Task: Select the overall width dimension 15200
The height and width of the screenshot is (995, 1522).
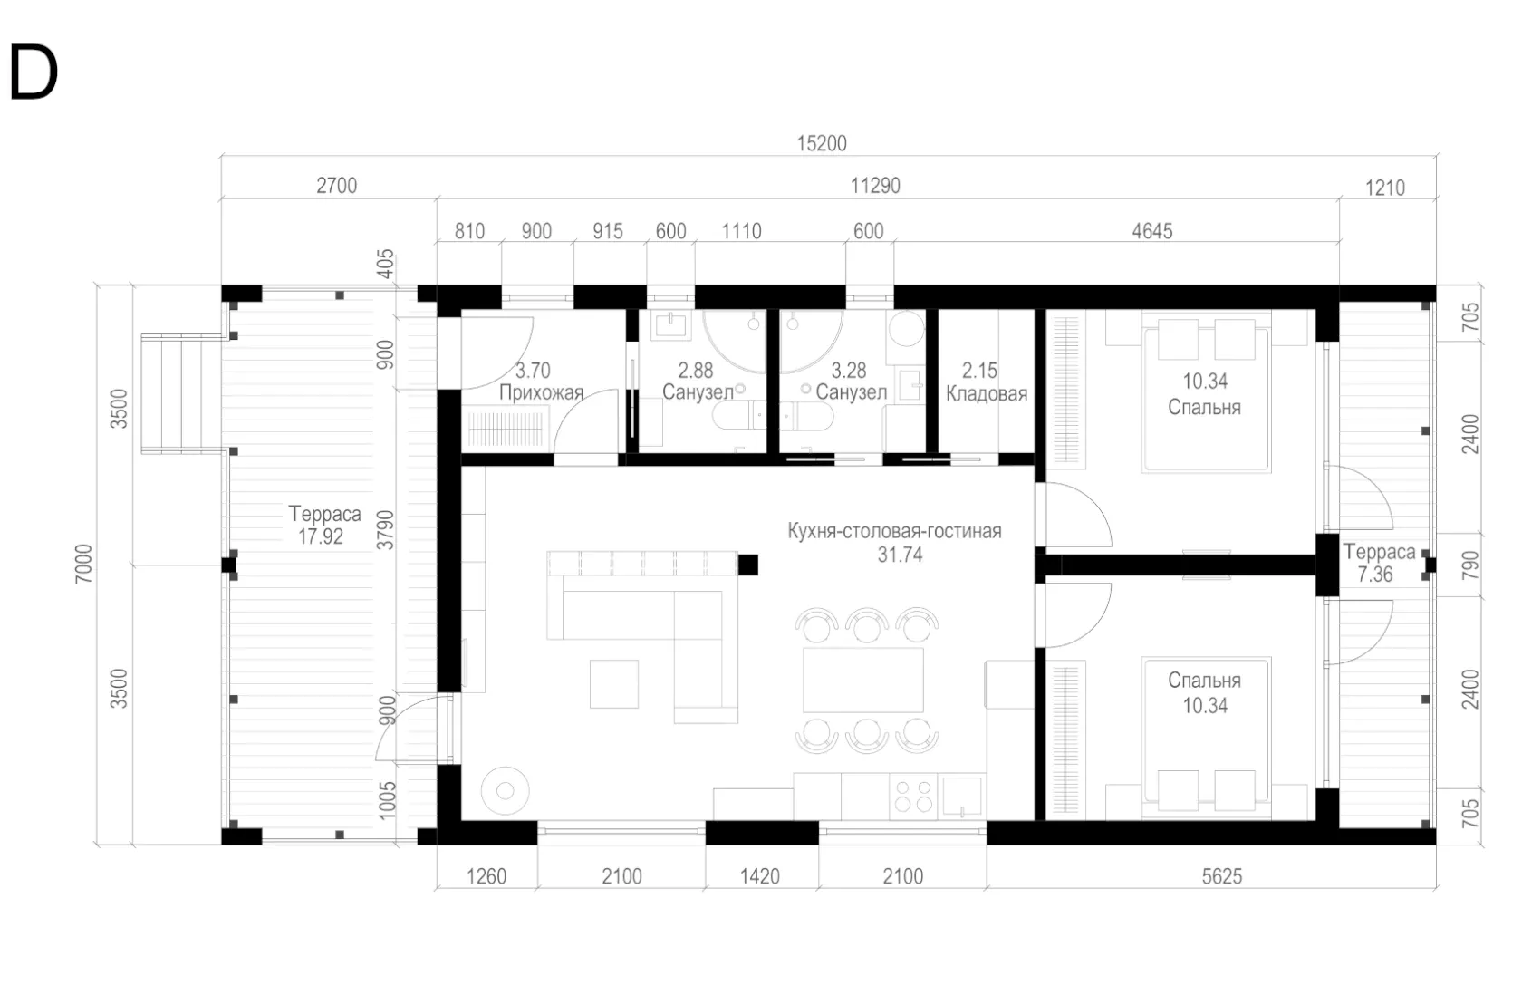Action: pos(822,143)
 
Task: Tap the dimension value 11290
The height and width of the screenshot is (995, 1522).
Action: pos(875,186)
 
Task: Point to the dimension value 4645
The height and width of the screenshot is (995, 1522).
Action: pos(1152,231)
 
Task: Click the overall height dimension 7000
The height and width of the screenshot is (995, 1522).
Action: pos(83,564)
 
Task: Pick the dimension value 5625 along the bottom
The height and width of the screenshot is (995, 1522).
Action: pos(1221,877)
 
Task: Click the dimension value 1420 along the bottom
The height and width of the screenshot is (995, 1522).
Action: pos(759,877)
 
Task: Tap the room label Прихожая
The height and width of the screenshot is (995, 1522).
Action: pos(542,393)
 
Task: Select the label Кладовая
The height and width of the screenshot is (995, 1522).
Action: pos(987,393)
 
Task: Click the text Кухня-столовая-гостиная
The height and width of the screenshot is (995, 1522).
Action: pos(894,531)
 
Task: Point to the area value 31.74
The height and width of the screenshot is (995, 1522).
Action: pos(900,555)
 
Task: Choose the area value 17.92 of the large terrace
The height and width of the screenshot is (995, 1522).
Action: pos(321,536)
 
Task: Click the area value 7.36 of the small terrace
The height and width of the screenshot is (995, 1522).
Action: pos(1375,575)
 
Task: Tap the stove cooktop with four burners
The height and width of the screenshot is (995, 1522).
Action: pos(912,796)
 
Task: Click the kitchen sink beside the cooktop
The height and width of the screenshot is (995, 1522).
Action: pos(961,796)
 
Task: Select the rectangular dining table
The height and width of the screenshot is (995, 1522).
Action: pos(862,680)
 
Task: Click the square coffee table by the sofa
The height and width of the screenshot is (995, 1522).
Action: pos(614,683)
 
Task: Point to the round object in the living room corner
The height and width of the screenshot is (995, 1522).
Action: pos(506,790)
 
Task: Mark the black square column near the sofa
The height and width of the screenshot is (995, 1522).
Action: pos(747,565)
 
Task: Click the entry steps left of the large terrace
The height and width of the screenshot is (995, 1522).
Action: pos(181,393)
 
